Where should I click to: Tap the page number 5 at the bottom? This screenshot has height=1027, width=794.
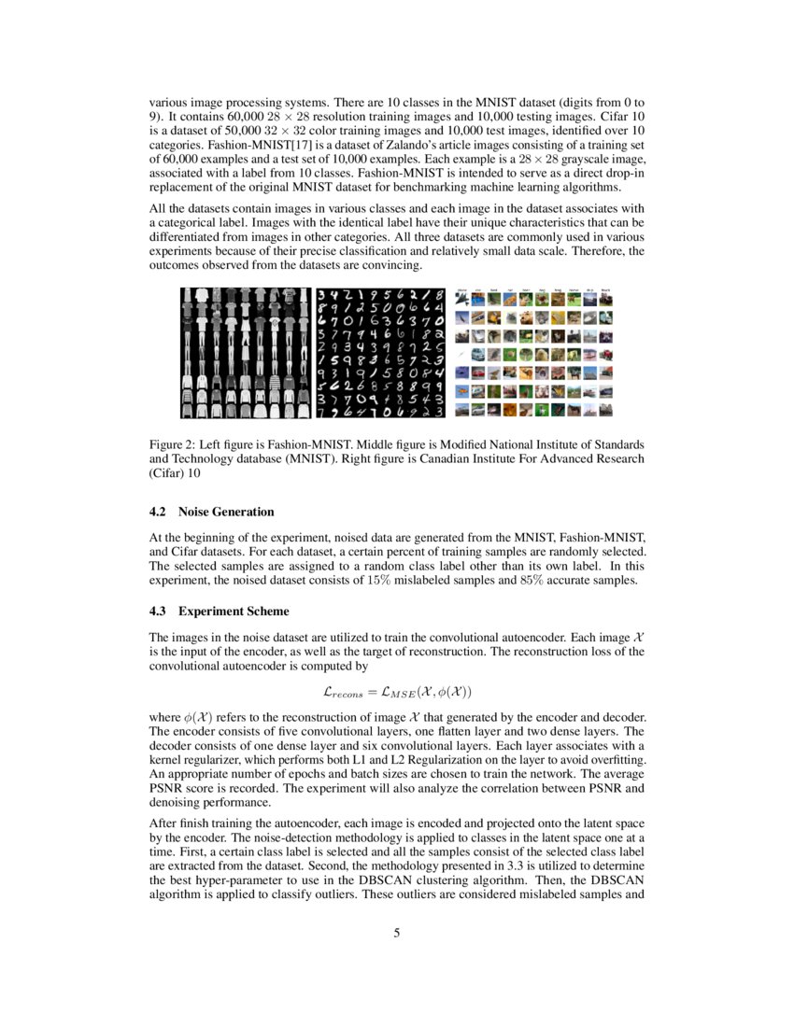397,933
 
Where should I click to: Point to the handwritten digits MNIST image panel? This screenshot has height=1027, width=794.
378,352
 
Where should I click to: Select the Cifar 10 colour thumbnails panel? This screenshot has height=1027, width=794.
533,352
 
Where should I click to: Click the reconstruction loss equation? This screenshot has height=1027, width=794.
396,692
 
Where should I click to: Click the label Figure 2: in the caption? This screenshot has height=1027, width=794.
173,444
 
